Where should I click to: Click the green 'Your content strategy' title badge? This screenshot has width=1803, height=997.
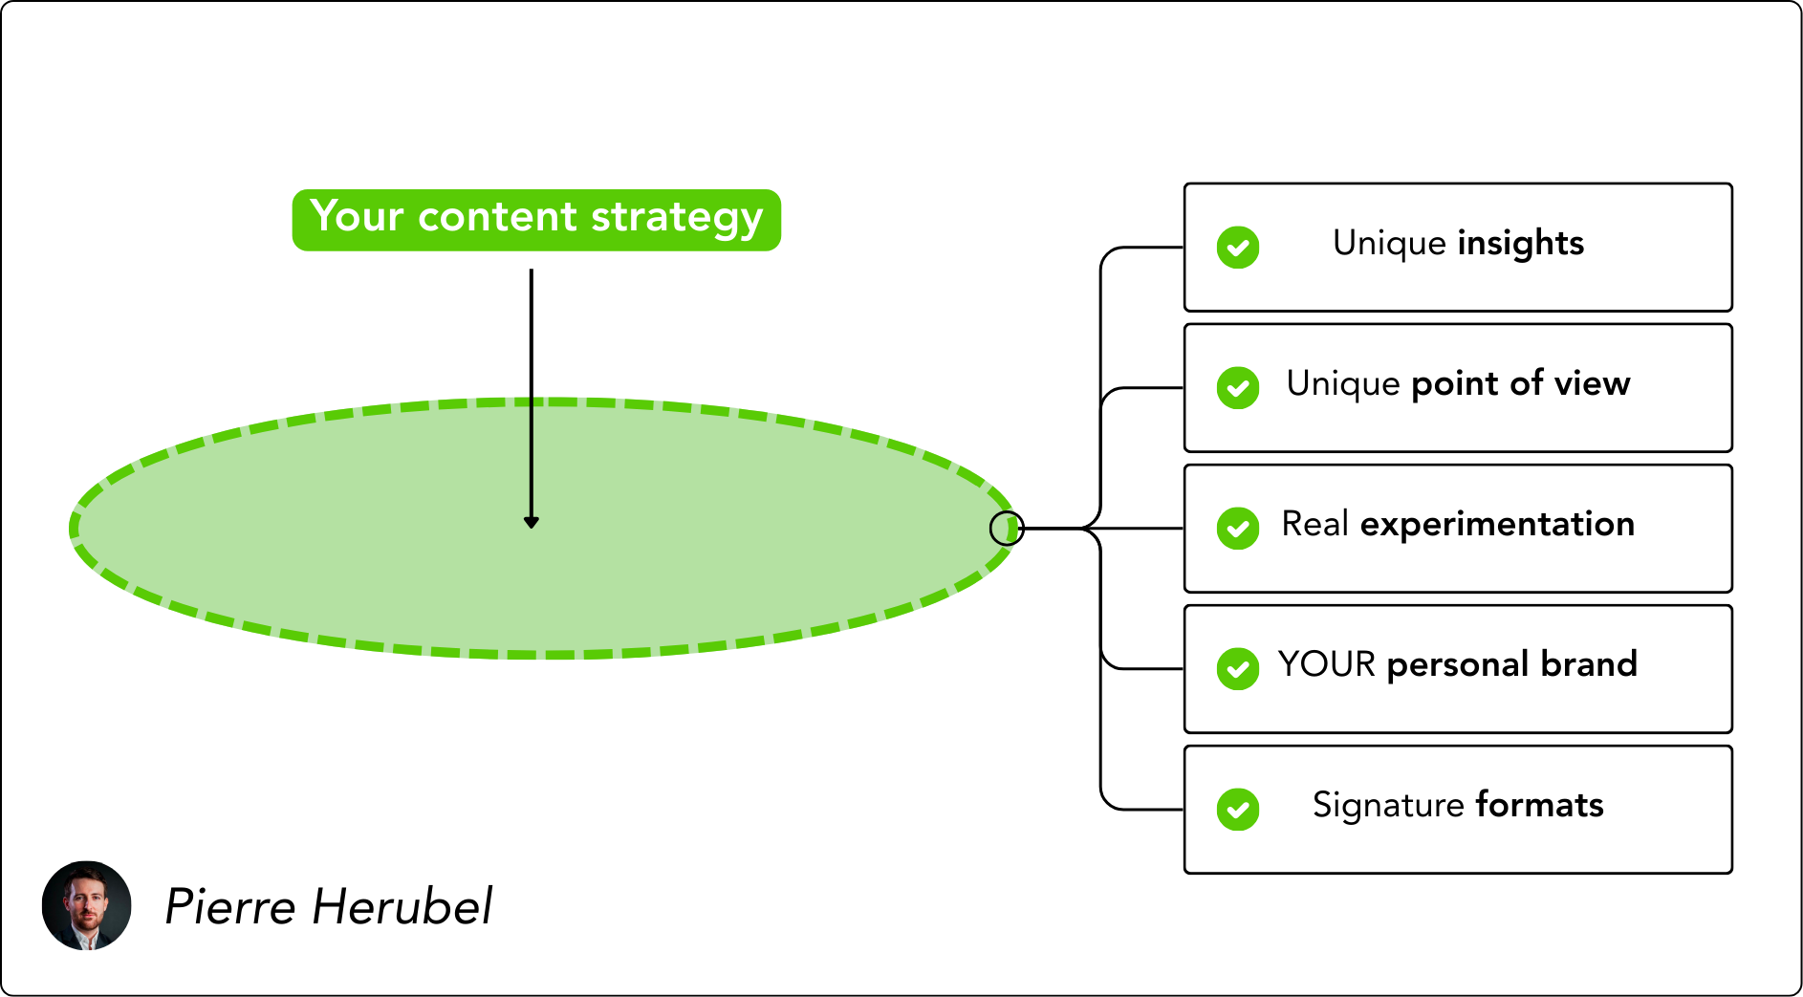click(536, 220)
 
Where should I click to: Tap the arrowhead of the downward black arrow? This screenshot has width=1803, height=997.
click(532, 522)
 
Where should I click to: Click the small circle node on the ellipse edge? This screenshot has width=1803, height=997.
click(1007, 528)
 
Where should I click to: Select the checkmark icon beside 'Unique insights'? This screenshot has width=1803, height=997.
click(1238, 248)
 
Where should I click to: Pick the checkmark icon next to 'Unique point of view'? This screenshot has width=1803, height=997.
click(1238, 388)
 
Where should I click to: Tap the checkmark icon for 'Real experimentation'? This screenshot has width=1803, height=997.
click(1238, 529)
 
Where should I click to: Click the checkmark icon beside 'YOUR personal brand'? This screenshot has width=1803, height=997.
click(1238, 669)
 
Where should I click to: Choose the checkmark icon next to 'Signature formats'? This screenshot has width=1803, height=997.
click(1238, 810)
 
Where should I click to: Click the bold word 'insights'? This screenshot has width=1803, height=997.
click(1521, 244)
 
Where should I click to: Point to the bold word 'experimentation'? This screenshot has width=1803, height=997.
click(1497, 525)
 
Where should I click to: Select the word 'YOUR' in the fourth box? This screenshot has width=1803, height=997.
click(1327, 664)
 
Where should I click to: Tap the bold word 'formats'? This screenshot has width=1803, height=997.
click(1539, 805)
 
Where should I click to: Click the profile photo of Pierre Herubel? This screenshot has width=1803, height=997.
click(86, 905)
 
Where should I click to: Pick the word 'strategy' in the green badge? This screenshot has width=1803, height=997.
click(677, 219)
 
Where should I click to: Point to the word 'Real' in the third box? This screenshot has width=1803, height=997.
click(1315, 525)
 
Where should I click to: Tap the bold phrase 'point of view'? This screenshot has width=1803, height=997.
click(1521, 384)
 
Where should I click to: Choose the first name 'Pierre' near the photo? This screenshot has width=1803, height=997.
click(230, 906)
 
